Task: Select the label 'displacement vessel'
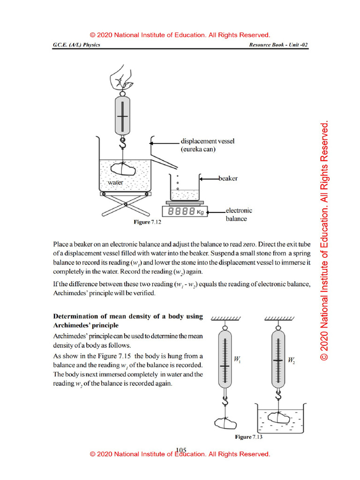point(207,141)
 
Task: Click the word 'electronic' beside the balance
point(239,210)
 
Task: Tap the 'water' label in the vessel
point(115,182)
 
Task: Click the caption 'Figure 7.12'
point(147,223)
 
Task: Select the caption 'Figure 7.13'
point(248,437)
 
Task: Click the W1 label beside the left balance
point(237,360)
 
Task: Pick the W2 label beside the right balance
point(292,360)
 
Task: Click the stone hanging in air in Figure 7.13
point(226,423)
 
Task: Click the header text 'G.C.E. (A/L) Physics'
point(76,45)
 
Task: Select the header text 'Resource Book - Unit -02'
point(279,45)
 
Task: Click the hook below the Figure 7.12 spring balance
point(123,143)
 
